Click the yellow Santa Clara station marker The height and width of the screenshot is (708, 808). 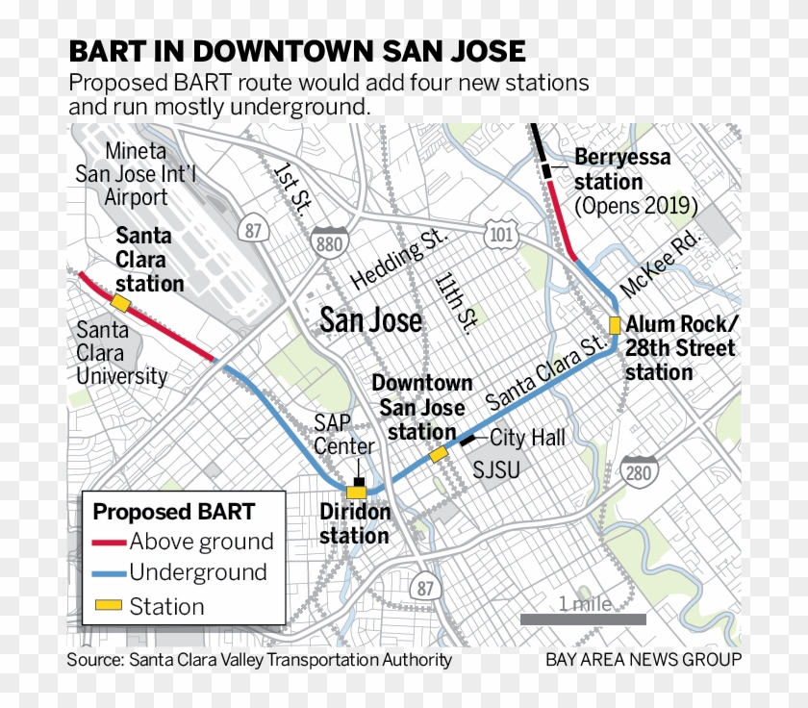point(121,303)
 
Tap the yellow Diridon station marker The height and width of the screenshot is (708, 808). point(357,491)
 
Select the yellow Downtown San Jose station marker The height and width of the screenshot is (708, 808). point(439,453)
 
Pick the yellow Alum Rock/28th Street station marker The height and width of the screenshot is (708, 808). point(615,324)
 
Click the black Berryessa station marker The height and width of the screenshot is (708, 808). point(546,170)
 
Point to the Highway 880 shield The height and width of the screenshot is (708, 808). point(329,243)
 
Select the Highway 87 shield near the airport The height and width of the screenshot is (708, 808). point(254,231)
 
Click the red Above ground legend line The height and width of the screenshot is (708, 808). point(109,542)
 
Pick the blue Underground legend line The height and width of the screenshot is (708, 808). point(109,573)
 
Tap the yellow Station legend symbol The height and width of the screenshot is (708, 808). point(109,607)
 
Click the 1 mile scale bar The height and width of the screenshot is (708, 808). point(583,619)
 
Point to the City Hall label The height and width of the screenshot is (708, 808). point(528,439)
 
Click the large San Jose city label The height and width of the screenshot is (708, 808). point(371,319)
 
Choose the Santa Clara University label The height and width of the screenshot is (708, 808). point(121,352)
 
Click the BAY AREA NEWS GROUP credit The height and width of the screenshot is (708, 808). point(644,660)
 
